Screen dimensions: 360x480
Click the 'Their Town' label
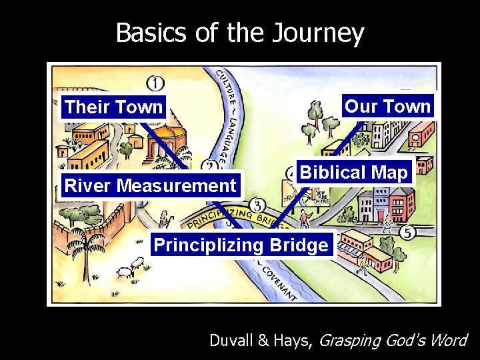coord(114,107)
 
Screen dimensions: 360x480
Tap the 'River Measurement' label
coord(150,185)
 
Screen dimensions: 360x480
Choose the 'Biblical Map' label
coord(354,173)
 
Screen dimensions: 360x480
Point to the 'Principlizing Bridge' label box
coord(241,245)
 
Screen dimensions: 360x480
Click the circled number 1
coord(155,83)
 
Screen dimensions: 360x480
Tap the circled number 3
coord(257,205)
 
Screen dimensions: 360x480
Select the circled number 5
coord(407,233)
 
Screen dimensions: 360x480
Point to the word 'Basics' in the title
coord(151,33)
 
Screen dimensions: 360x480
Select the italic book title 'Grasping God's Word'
coord(394,340)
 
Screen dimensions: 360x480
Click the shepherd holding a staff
coord(163,220)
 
